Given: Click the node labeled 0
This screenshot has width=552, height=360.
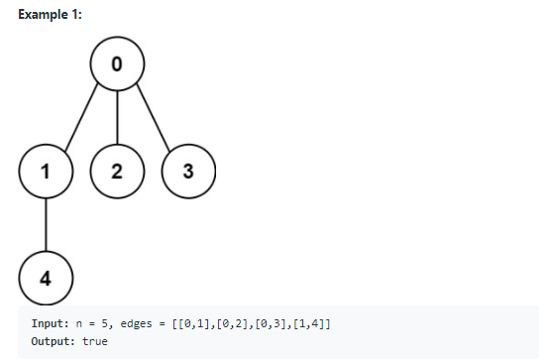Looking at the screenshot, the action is click(x=118, y=65).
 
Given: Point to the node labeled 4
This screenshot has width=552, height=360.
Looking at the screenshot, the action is click(x=45, y=276).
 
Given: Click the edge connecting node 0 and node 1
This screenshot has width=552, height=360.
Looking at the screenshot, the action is click(x=81, y=117).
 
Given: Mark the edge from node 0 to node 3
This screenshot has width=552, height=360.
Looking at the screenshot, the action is click(x=154, y=117).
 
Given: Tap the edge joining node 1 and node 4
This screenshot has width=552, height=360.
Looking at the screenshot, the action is click(x=45, y=222).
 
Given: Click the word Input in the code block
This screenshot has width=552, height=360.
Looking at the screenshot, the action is click(x=49, y=324).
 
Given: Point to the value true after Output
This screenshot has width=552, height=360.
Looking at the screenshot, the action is click(x=95, y=341).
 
